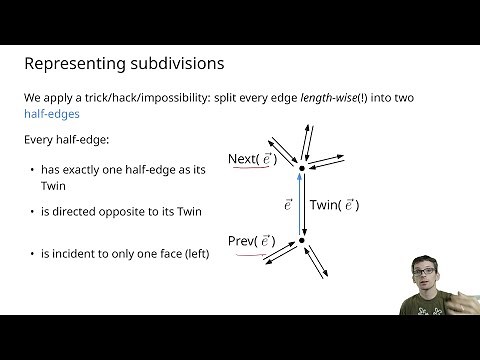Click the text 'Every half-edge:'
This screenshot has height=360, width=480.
point(64,139)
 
